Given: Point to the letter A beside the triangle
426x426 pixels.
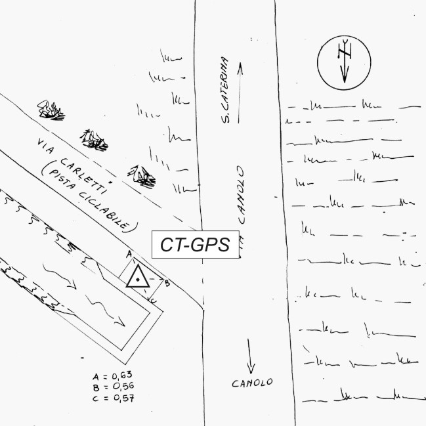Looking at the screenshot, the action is [129, 253].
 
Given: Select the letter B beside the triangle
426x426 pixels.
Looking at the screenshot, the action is [167, 283].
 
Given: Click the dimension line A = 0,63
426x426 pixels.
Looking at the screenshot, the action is [114, 376].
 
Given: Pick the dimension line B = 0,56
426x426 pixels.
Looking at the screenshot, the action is [114, 387].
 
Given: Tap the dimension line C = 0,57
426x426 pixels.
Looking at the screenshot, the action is [114, 397].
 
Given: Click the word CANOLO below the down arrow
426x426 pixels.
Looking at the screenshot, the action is [251, 383].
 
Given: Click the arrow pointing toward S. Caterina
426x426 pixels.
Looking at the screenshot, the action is [240, 92].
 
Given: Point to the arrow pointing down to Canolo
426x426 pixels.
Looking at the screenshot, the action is [251, 357].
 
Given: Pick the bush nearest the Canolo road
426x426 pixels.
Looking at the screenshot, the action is [141, 174].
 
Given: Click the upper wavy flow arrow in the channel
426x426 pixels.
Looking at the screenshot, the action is [59, 276].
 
